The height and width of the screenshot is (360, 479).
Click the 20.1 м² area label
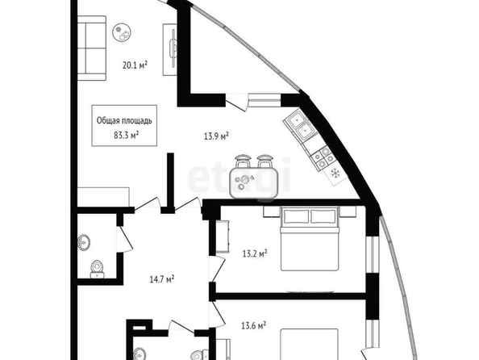pyautogui.click(x=135, y=65)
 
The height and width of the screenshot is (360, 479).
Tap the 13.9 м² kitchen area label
pyautogui.click(x=216, y=136)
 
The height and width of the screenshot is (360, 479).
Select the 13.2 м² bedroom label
pyautogui.click(x=255, y=253)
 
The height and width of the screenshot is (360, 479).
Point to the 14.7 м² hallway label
pyautogui.click(x=162, y=279)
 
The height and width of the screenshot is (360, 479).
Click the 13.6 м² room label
pyautogui.click(x=253, y=325)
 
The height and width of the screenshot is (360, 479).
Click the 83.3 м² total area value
pyautogui.click(x=126, y=135)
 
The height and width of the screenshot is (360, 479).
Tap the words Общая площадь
pyautogui.click(x=124, y=120)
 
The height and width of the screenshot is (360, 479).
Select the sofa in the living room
pyautogui.click(x=92, y=48)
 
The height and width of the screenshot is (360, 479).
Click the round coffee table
pyautogui.click(x=122, y=32)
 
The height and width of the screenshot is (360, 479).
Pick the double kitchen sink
pyautogui.click(x=301, y=126)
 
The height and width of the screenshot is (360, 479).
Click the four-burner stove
pyautogui.click(x=323, y=157)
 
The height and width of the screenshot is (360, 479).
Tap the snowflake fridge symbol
pyautogui.click(x=335, y=174)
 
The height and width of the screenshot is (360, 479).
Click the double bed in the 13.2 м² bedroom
pyautogui.click(x=310, y=239)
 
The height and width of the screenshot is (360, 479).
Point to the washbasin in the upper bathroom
pyautogui.click(x=84, y=242)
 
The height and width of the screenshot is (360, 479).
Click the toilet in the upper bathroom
pyautogui.click(x=97, y=269)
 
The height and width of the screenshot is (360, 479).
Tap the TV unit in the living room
pyautogui.click(x=170, y=49)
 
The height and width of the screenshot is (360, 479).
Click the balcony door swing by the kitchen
pyautogui.click(x=236, y=103)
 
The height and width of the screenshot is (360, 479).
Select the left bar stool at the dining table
pyautogui.click(x=243, y=161)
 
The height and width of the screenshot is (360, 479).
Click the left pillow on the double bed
pyautogui.click(x=296, y=217)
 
